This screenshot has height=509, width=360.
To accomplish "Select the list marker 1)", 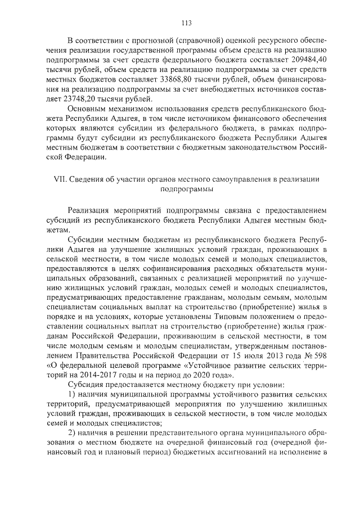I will (x=71, y=395).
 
